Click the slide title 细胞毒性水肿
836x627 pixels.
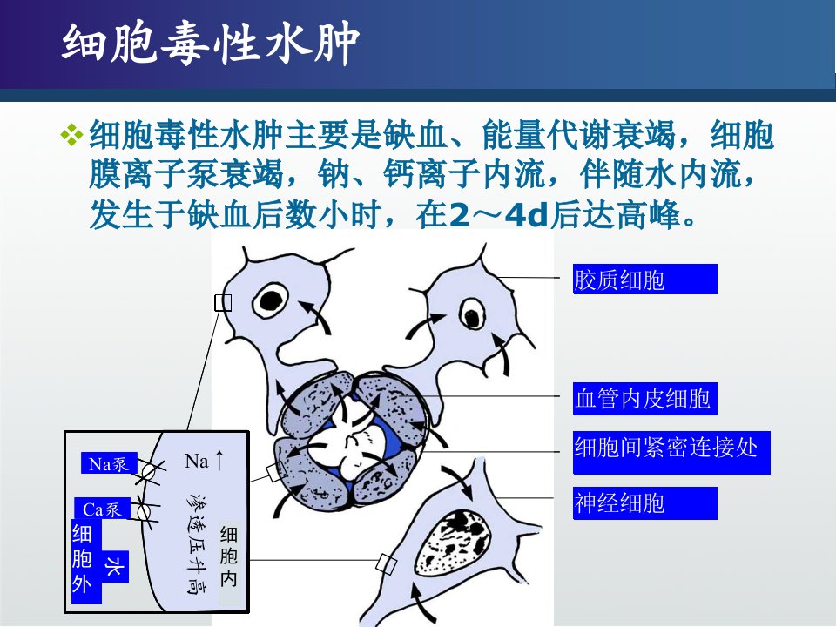(211, 43)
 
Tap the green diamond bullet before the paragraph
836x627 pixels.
(71, 134)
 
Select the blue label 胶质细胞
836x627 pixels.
(644, 280)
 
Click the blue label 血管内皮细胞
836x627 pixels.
(644, 398)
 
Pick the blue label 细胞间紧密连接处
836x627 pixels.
(671, 452)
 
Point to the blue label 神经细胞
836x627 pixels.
(644, 502)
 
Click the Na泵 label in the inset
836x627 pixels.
(109, 463)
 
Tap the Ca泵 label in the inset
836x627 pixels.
(102, 509)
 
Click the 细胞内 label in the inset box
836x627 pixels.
(229, 556)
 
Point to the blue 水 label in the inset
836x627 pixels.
(115, 566)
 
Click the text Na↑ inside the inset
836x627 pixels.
(205, 461)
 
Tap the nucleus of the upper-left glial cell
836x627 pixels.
(270, 300)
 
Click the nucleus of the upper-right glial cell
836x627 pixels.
(472, 314)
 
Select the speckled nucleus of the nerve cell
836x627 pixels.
(453, 543)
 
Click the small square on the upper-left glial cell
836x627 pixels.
(223, 303)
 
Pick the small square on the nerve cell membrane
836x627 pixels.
(386, 563)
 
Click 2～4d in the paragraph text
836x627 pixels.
(500, 215)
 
